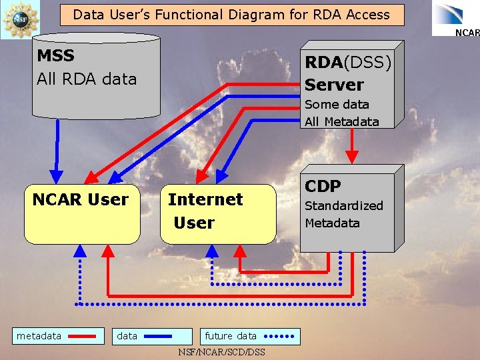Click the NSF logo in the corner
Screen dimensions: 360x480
(x=20, y=19)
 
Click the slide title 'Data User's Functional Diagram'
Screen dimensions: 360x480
(x=231, y=14)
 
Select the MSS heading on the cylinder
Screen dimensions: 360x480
(x=56, y=56)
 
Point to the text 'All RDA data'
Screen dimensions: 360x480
(x=87, y=79)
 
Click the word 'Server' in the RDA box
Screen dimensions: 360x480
(x=335, y=85)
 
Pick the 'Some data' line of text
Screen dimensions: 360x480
(x=337, y=104)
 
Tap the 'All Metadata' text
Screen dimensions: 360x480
(x=341, y=121)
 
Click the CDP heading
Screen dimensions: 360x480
(x=323, y=187)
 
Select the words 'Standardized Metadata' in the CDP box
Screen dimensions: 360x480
(x=343, y=214)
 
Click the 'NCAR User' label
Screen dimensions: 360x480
(x=81, y=199)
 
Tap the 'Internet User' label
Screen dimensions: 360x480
(x=205, y=211)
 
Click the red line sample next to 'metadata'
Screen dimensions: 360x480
(x=82, y=337)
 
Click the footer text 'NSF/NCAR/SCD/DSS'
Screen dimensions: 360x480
(x=222, y=352)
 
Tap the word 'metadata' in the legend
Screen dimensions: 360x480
(x=39, y=336)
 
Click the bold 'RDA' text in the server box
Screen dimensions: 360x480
(x=323, y=62)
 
